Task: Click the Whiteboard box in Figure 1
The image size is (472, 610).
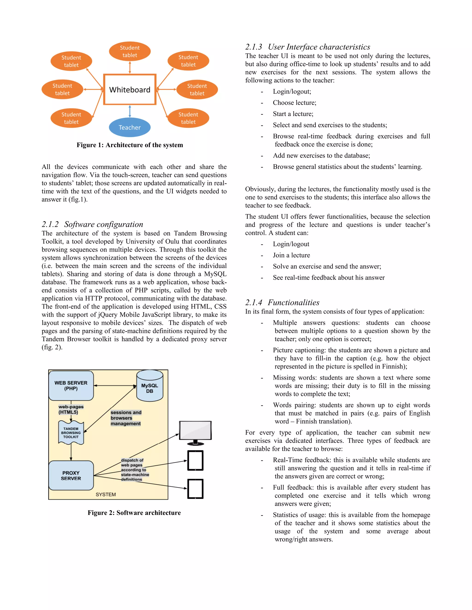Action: [130, 89]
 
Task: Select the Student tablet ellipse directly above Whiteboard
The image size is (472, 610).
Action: [130, 51]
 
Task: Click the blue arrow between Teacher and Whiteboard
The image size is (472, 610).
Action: [130, 111]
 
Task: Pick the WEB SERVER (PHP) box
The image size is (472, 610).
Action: [71, 385]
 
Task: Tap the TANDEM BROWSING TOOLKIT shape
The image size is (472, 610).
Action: [71, 433]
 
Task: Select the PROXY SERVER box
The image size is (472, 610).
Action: [71, 475]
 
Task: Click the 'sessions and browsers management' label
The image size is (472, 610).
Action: [126, 418]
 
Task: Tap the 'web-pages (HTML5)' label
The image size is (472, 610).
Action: [71, 410]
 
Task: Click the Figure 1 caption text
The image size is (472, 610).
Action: [130, 145]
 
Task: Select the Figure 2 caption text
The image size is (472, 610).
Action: [134, 513]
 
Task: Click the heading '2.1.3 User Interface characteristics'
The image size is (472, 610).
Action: [308, 47]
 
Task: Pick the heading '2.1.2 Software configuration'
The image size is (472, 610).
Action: [92, 224]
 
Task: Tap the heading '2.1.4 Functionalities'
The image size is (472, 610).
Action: [282, 302]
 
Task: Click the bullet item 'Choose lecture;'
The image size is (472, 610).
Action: [295, 103]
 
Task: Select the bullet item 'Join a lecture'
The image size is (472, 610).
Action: [291, 255]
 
